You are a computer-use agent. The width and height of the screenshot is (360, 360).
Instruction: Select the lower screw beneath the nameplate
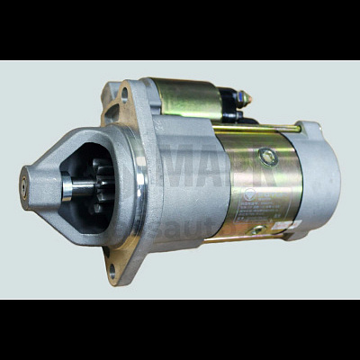tap(257, 230)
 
